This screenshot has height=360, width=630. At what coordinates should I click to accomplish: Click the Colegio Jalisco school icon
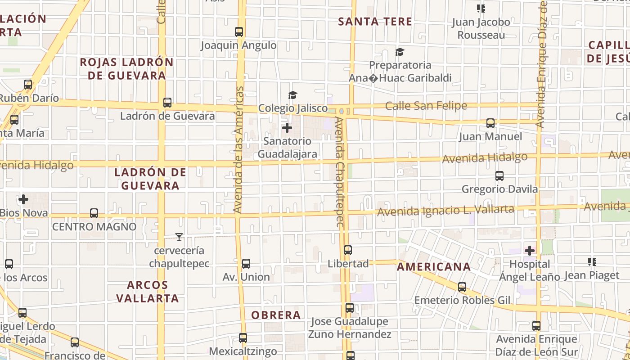[x=293, y=95]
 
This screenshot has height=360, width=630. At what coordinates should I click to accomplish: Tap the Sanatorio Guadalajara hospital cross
[x=287, y=128]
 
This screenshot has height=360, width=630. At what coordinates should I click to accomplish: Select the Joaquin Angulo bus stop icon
[x=239, y=32]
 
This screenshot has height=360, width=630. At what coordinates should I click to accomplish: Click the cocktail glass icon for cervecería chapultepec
[x=179, y=237]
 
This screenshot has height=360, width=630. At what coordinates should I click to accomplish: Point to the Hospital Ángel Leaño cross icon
[x=530, y=250]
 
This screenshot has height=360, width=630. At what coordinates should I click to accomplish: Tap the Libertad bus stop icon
[x=348, y=250]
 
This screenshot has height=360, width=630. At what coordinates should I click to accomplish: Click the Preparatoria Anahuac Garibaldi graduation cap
[x=400, y=52]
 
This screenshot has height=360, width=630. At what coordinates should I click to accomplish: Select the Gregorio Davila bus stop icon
[x=499, y=176]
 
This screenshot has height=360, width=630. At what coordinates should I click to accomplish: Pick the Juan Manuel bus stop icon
[x=490, y=123]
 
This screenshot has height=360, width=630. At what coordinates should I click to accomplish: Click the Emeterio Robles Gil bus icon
[x=462, y=287]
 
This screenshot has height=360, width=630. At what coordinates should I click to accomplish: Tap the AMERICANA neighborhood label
[x=434, y=267]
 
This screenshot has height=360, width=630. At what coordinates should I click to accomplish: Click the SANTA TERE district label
[x=375, y=21]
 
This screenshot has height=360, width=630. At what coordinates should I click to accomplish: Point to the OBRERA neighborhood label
[x=276, y=315]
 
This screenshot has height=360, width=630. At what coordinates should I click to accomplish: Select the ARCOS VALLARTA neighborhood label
[x=148, y=291]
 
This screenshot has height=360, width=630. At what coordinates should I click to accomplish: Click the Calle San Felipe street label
[x=426, y=106]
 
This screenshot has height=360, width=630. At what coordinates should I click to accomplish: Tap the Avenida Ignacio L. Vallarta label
[x=445, y=210]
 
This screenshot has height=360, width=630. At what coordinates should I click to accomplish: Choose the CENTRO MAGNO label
[x=94, y=226]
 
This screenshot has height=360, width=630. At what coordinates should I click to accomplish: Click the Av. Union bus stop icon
[x=246, y=264]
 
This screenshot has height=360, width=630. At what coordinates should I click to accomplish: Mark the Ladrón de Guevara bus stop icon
[x=167, y=103]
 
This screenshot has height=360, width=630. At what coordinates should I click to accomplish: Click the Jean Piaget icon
[x=592, y=261]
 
